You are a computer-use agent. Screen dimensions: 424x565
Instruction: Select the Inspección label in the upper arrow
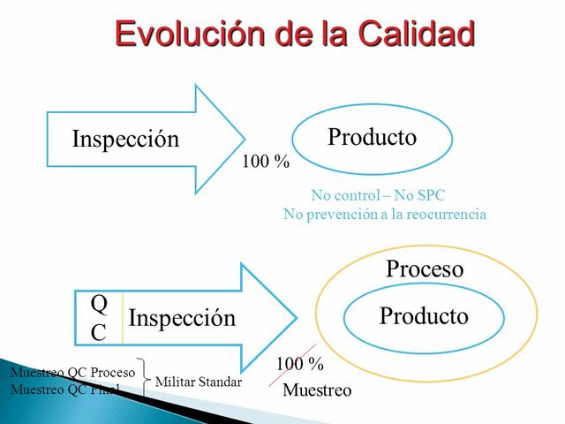(x=124, y=140)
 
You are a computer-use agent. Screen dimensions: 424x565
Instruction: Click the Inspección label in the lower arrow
(x=182, y=318)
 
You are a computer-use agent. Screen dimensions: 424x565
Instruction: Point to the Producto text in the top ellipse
(x=372, y=138)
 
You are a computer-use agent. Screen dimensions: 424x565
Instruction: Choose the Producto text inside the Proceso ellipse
(x=424, y=316)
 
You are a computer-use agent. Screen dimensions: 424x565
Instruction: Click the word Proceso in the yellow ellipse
(x=424, y=269)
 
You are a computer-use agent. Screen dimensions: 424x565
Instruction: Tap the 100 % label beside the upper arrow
(x=266, y=163)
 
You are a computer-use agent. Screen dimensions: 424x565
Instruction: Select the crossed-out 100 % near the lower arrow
(x=299, y=364)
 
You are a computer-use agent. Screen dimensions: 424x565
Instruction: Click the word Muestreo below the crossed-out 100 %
(x=317, y=390)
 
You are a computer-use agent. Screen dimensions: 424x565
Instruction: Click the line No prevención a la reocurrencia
(x=384, y=215)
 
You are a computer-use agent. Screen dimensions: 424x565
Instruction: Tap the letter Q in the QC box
(x=99, y=304)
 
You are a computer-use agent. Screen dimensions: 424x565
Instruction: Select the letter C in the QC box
(x=99, y=332)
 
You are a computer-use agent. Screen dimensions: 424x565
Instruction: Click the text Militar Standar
(x=198, y=382)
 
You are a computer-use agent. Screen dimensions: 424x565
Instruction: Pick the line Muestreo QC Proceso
(x=72, y=373)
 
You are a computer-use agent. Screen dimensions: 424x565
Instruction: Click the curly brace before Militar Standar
(x=145, y=380)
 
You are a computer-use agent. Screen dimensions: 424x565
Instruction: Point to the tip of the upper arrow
(x=244, y=140)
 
